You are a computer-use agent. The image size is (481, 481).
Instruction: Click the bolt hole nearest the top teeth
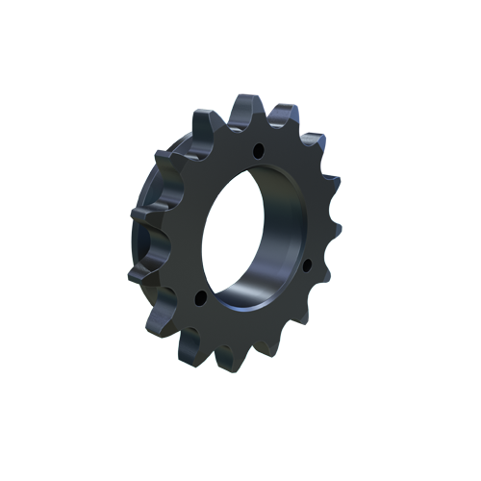pyautogui.click(x=258, y=149)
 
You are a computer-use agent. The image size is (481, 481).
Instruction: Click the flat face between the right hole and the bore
pyautogui.click(x=294, y=252)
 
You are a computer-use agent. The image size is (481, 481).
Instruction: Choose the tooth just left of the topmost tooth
pyautogui.click(x=205, y=120)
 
